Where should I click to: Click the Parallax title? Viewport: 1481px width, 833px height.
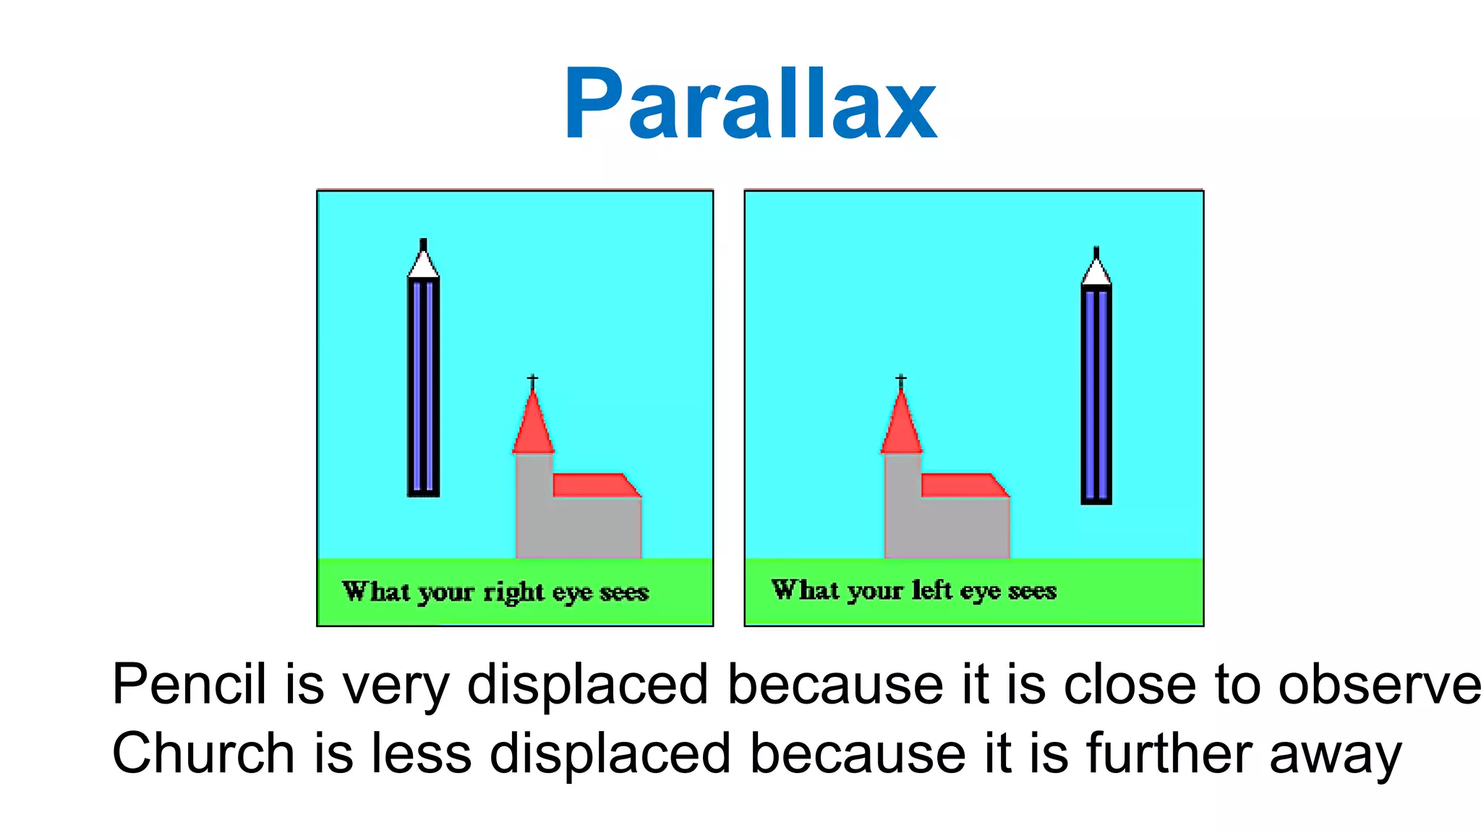point(751,104)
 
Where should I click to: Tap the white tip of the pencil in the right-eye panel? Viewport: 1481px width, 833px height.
point(424,265)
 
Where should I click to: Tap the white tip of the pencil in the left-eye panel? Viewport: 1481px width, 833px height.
point(1096,273)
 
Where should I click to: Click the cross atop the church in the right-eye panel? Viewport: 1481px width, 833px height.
point(532,380)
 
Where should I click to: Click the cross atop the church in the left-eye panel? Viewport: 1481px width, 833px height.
point(901,380)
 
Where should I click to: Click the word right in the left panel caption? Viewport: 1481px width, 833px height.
point(513,593)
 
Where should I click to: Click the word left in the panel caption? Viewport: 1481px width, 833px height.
point(931,590)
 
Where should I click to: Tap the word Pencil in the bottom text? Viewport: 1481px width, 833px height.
point(189,684)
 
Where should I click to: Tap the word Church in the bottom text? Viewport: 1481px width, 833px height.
point(203,753)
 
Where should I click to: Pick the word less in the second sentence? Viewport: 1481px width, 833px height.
point(422,753)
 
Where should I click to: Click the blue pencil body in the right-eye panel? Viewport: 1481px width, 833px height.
point(424,387)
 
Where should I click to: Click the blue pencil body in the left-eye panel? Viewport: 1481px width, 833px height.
point(1096,394)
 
